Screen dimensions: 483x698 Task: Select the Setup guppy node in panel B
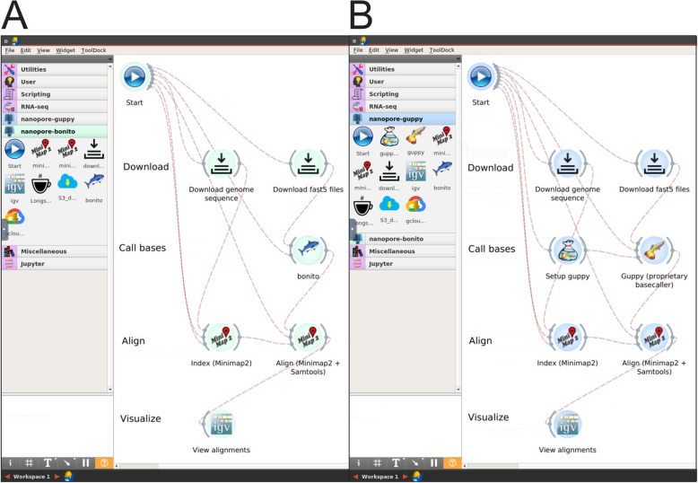(x=567, y=250)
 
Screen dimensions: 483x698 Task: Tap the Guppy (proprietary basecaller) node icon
(x=655, y=250)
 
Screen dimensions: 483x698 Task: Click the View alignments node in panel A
(x=220, y=424)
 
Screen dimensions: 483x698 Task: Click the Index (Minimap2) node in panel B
(x=567, y=337)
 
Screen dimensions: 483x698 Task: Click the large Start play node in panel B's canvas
(x=481, y=76)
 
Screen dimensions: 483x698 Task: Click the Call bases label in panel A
(x=144, y=249)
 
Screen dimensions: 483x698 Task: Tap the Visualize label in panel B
(x=488, y=417)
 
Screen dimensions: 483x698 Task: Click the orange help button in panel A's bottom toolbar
(x=104, y=463)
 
